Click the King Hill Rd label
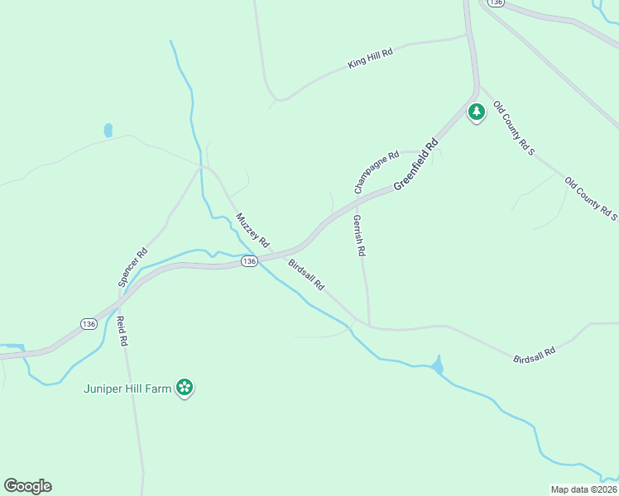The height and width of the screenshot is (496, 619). click(370, 57)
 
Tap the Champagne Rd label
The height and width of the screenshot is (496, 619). click(377, 171)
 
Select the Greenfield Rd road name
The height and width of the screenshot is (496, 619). click(415, 165)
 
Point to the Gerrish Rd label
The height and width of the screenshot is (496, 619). click(359, 236)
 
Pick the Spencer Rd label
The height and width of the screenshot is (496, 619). click(132, 267)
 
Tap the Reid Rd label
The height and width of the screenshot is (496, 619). click(122, 331)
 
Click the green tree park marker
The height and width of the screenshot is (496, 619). click(476, 111)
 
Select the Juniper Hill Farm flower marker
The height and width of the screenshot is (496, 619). click(185, 387)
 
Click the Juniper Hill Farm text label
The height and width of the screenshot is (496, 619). click(128, 389)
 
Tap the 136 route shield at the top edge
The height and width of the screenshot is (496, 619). click(496, 3)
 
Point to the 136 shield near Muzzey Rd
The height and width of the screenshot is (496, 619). click(249, 261)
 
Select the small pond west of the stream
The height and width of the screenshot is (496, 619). click(108, 130)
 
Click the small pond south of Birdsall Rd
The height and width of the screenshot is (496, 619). click(437, 365)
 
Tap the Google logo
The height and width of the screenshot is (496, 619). click(27, 486)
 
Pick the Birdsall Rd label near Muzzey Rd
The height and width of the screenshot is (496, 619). click(306, 274)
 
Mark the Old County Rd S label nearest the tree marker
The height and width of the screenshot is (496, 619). click(514, 128)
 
